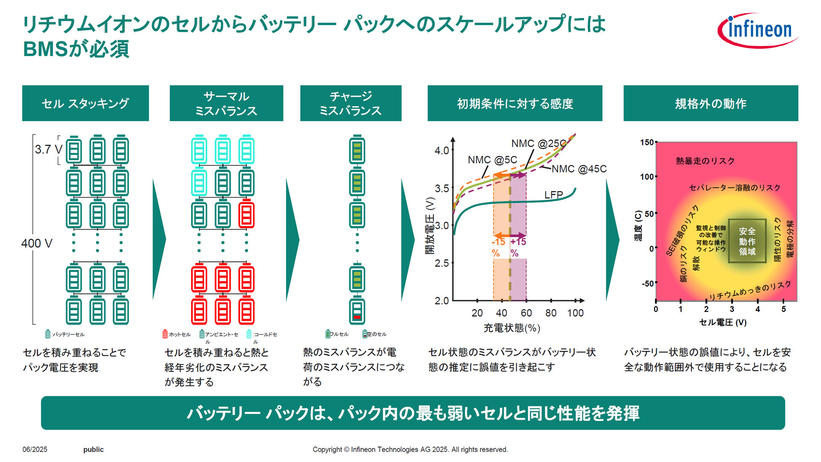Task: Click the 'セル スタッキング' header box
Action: (86, 103)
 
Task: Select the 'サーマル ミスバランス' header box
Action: (226, 103)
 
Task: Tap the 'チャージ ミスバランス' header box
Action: (351, 103)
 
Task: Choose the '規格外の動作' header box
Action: (711, 103)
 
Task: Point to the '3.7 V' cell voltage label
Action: (48, 150)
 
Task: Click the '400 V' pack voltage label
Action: (37, 243)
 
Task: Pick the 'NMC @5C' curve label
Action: (492, 160)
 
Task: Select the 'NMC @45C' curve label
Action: (579, 169)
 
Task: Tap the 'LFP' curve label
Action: (553, 195)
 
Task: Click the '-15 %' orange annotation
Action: (498, 247)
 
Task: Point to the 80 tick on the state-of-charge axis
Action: (551, 313)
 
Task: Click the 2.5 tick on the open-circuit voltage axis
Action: (442, 263)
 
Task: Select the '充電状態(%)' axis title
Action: (512, 328)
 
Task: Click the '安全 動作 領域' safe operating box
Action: (747, 241)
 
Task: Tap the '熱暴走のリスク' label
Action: (705, 161)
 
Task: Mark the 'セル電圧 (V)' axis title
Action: (723, 323)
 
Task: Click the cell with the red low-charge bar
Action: (357, 311)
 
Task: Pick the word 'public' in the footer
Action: (93, 450)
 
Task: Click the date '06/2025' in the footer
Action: (35, 450)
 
